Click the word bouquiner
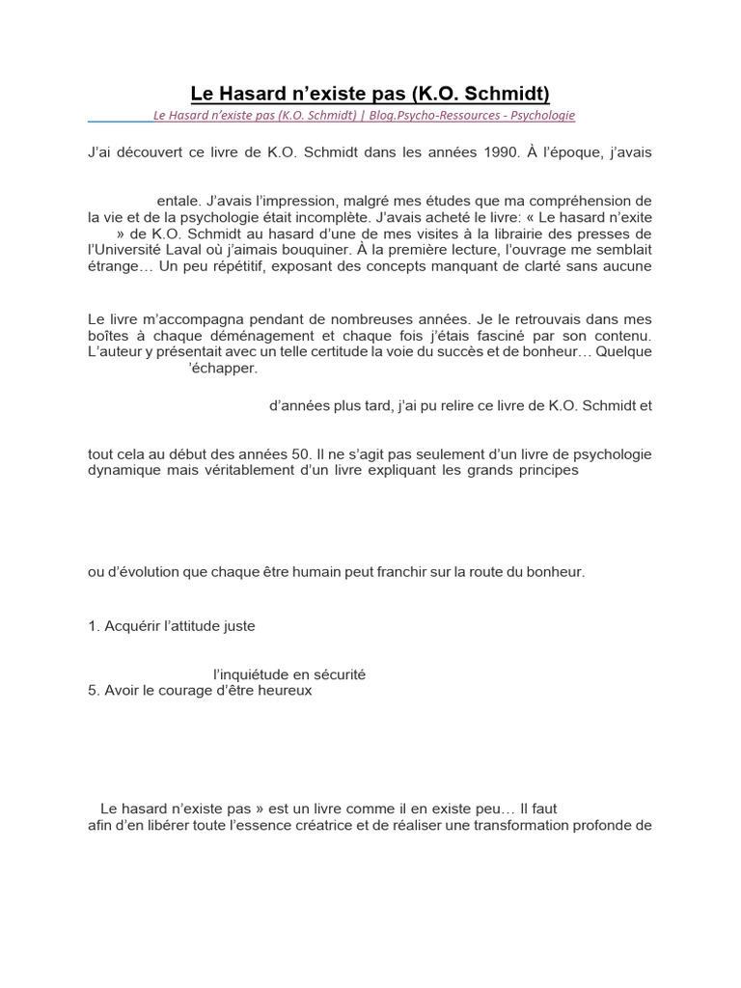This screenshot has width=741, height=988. (x=295, y=250)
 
